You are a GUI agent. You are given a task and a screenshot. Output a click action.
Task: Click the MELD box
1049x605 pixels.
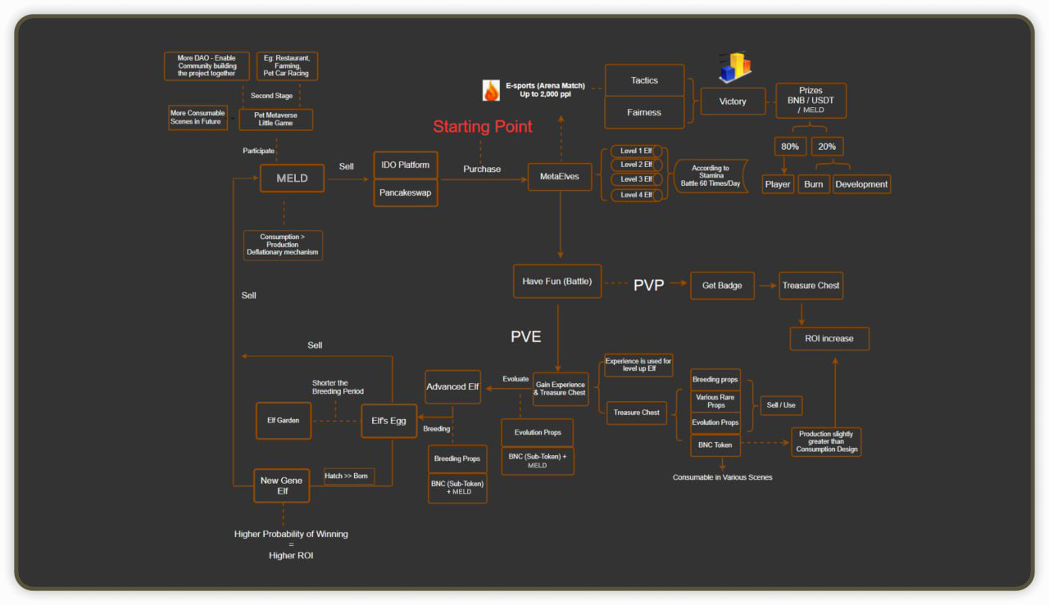click(x=292, y=178)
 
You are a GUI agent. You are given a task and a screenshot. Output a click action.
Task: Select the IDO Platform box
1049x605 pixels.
click(x=405, y=165)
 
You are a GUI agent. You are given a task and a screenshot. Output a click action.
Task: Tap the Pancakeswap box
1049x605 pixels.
click(x=405, y=193)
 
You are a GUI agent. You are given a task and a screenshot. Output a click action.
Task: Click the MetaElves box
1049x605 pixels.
click(x=559, y=177)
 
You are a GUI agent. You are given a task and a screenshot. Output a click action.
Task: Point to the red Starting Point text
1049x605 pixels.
click(x=483, y=127)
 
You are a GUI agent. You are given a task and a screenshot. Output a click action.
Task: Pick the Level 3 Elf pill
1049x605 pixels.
click(x=636, y=179)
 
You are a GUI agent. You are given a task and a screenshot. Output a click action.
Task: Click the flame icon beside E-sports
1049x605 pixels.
click(x=491, y=90)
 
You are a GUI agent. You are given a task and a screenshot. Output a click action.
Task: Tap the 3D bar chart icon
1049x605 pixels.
click(x=734, y=68)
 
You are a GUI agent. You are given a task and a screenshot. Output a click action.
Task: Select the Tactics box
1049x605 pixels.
click(x=644, y=80)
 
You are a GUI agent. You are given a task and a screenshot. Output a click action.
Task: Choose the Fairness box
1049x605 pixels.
click(x=644, y=112)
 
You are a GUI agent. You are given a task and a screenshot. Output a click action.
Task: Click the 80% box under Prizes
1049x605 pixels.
click(x=790, y=147)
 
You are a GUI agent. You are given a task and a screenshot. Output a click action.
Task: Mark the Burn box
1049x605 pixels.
click(x=813, y=184)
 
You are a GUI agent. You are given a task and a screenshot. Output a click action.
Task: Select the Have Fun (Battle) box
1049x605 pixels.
click(x=557, y=282)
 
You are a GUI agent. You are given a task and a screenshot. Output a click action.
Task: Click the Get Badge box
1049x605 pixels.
click(x=722, y=285)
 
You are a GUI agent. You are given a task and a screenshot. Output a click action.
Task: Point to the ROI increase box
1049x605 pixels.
click(x=829, y=338)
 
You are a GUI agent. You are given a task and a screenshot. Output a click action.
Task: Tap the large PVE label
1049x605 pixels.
click(x=526, y=336)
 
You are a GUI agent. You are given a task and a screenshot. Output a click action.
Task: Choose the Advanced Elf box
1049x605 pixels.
click(x=452, y=386)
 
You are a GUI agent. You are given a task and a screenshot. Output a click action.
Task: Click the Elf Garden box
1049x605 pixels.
click(x=284, y=420)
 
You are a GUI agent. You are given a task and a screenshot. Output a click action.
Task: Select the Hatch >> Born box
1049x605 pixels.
click(x=348, y=476)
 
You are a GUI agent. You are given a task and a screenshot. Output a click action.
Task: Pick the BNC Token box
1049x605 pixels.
click(x=715, y=445)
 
